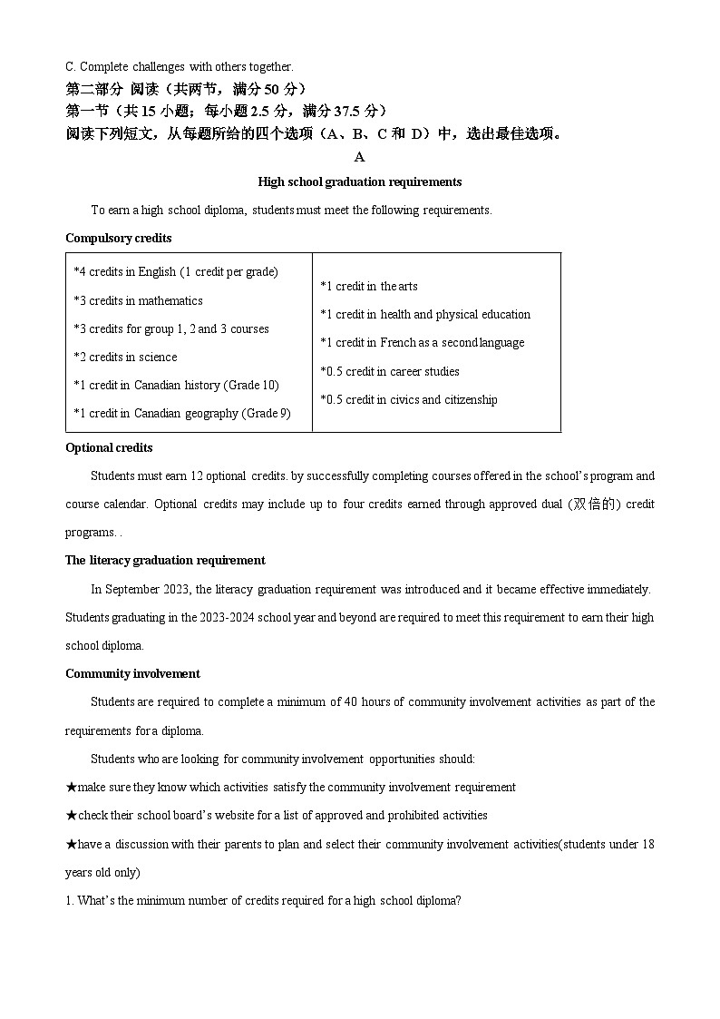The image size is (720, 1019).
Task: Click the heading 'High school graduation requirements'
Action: [x=359, y=181]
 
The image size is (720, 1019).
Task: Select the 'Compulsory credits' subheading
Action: [x=118, y=238]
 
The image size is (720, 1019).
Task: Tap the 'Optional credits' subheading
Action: [x=109, y=447]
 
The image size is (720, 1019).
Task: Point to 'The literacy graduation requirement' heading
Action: [x=165, y=560]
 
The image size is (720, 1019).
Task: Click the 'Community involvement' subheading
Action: [x=132, y=673]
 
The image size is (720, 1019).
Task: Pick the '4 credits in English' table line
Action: [x=176, y=271]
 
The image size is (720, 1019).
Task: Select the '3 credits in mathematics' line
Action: [x=138, y=300]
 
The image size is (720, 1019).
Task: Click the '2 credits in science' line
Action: [x=125, y=357]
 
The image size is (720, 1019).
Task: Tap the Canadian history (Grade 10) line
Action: [x=176, y=385]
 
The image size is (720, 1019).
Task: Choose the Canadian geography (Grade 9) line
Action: [x=181, y=413]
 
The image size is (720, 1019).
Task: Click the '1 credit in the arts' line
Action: [x=368, y=286]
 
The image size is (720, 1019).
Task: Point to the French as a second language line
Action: [x=422, y=342]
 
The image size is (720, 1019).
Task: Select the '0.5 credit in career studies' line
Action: [x=389, y=371]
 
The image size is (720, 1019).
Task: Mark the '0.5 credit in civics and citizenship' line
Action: [x=408, y=399]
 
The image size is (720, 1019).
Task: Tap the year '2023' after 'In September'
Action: [x=176, y=589]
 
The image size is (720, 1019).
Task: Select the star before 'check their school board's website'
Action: [x=71, y=815]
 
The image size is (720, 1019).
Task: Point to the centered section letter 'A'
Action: [x=359, y=156]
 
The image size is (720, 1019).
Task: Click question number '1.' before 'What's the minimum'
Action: [x=70, y=900]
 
